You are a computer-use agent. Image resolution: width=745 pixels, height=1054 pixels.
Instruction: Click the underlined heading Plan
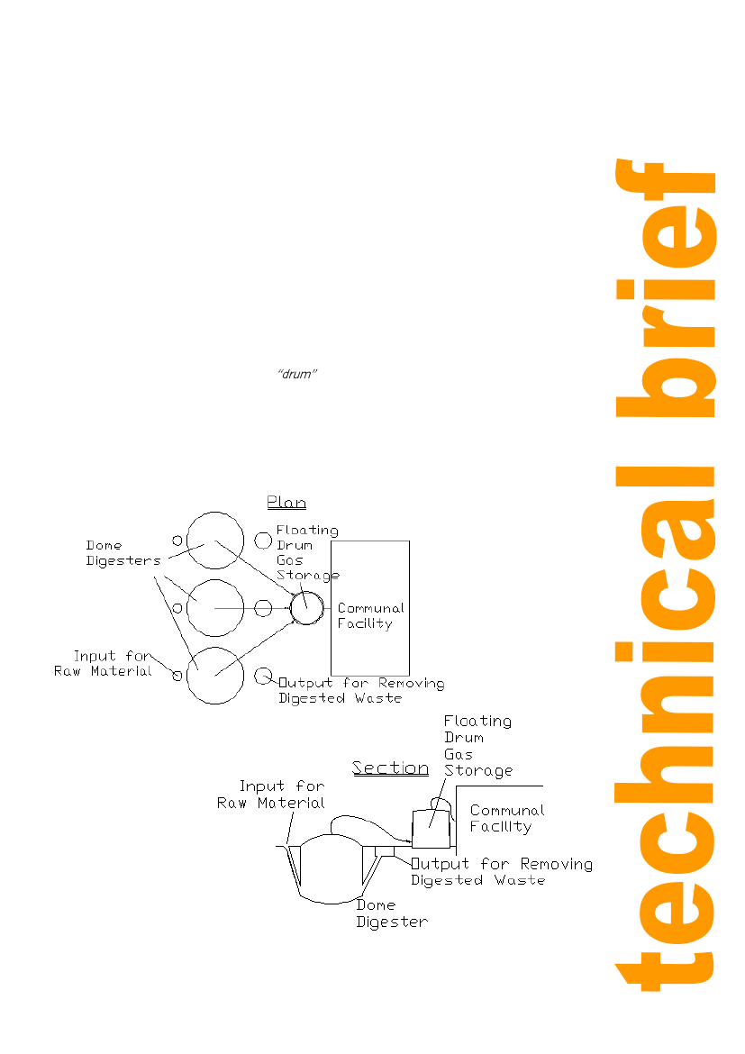tap(286, 503)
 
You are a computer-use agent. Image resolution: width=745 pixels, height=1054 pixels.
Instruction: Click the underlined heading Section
tap(390, 768)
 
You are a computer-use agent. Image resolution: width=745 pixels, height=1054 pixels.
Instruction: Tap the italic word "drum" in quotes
tap(296, 375)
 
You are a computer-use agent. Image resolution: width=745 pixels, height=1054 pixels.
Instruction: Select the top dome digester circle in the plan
tap(215, 540)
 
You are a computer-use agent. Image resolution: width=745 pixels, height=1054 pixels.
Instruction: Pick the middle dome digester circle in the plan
tap(215, 608)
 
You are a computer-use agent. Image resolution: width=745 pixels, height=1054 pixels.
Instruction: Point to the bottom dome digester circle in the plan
tap(215, 675)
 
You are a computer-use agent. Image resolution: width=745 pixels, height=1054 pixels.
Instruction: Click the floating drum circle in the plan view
tap(306, 607)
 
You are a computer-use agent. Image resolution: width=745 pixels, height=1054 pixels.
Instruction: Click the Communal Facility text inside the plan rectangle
tap(370, 616)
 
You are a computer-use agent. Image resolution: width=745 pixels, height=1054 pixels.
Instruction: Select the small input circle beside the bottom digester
tap(177, 675)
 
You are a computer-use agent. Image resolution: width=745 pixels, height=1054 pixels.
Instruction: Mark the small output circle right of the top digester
tap(263, 541)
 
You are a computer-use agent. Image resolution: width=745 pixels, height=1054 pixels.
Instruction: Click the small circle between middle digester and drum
tap(263, 608)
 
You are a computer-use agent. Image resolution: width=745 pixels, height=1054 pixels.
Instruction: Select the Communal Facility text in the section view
tap(507, 818)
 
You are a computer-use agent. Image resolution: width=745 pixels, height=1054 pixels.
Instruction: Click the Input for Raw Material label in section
tap(272, 795)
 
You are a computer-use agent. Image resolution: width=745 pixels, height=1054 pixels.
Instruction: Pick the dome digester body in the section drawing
tap(331, 869)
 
